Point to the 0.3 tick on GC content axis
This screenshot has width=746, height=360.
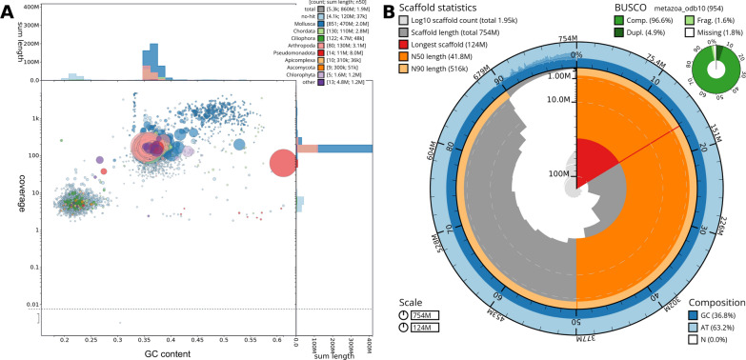coord(118,338)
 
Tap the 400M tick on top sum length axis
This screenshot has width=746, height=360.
coord(34,7)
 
